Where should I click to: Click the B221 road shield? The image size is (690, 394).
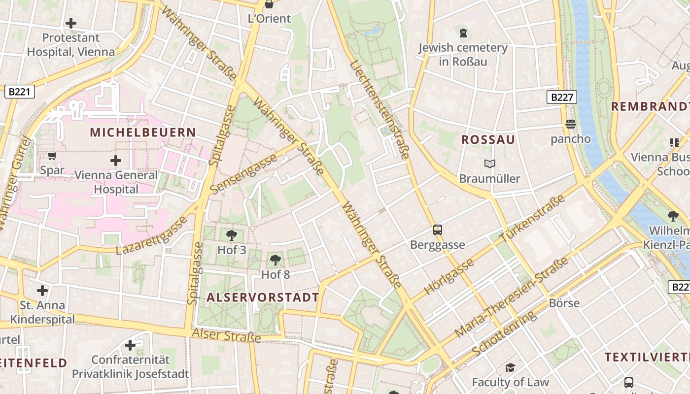tap(20, 91)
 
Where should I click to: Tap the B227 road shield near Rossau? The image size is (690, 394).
tap(562, 97)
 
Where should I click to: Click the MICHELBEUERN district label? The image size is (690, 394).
tap(143, 132)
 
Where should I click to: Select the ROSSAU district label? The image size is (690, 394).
tap(488, 140)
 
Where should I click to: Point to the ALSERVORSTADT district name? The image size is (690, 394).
tap(263, 297)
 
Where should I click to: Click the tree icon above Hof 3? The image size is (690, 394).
tap(231, 235)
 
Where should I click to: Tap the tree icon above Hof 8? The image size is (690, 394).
tap(276, 260)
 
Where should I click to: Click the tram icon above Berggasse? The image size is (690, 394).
tap(437, 230)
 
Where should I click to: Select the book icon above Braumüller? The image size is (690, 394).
tap(489, 164)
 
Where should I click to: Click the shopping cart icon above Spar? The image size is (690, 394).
tap(52, 156)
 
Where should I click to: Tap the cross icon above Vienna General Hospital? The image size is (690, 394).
tap(116, 161)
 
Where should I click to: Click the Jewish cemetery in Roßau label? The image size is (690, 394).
tap(462, 54)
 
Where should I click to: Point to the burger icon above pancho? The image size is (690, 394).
tap(571, 124)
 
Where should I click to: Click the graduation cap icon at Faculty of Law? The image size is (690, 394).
tap(510, 367)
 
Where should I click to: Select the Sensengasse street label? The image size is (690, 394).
tap(243, 173)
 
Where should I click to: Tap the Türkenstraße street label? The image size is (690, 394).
tap(532, 218)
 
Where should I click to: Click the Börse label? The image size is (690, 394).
tap(564, 303)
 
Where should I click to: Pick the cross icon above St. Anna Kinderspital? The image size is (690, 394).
tap(42, 291)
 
